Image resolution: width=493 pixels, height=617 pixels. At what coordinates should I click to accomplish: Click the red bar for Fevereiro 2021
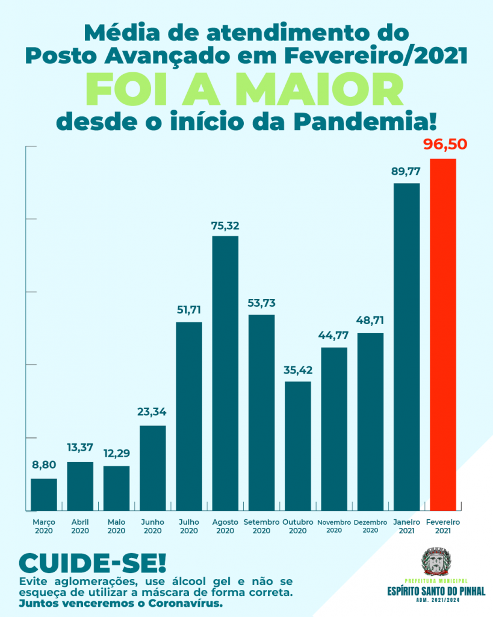[442, 334]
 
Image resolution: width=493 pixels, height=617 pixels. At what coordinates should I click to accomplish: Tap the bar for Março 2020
[44, 494]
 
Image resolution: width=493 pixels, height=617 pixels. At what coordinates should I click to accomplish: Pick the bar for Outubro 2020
[297, 445]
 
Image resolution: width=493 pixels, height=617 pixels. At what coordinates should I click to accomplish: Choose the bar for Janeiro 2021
[406, 346]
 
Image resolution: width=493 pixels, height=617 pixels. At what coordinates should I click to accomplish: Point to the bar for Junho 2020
[152, 468]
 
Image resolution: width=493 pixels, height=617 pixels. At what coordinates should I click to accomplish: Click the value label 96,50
[445, 145]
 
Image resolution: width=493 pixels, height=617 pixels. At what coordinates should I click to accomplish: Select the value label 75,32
[225, 225]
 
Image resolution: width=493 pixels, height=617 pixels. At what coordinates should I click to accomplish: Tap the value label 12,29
[116, 453]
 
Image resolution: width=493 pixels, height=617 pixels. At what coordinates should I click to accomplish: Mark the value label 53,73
[261, 302]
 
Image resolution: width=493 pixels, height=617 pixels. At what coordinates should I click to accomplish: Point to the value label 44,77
[333, 336]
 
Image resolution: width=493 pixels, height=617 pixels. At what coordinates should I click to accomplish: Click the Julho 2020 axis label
[188, 526]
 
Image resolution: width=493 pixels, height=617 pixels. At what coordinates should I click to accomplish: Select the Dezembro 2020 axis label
[370, 526]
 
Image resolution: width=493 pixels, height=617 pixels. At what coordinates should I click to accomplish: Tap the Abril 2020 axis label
[80, 526]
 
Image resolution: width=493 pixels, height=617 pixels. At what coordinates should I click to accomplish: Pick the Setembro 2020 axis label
[261, 526]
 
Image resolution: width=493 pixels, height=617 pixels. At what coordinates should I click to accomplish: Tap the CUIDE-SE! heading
[91, 563]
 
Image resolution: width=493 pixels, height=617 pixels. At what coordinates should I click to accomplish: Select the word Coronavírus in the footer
[182, 603]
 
